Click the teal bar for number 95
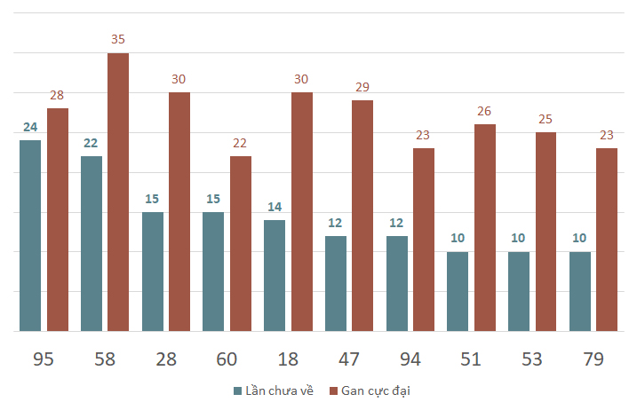click(x=30, y=235)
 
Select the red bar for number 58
click(x=118, y=192)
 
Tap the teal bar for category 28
click(x=153, y=272)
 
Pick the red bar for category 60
click(x=241, y=243)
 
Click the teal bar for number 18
click(x=275, y=276)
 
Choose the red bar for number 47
click(x=362, y=216)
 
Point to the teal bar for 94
click(x=397, y=283)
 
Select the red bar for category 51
click(x=485, y=228)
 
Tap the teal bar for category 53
click(x=519, y=291)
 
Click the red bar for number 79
click(x=607, y=240)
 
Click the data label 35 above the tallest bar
click(x=118, y=39)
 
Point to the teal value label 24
click(x=30, y=127)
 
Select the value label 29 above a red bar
click(x=362, y=87)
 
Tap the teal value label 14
click(x=275, y=207)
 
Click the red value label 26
click(x=484, y=111)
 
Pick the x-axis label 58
click(x=105, y=359)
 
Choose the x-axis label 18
click(x=288, y=359)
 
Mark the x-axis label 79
click(x=593, y=359)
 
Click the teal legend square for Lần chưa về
click(x=238, y=391)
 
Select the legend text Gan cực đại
click(x=376, y=391)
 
